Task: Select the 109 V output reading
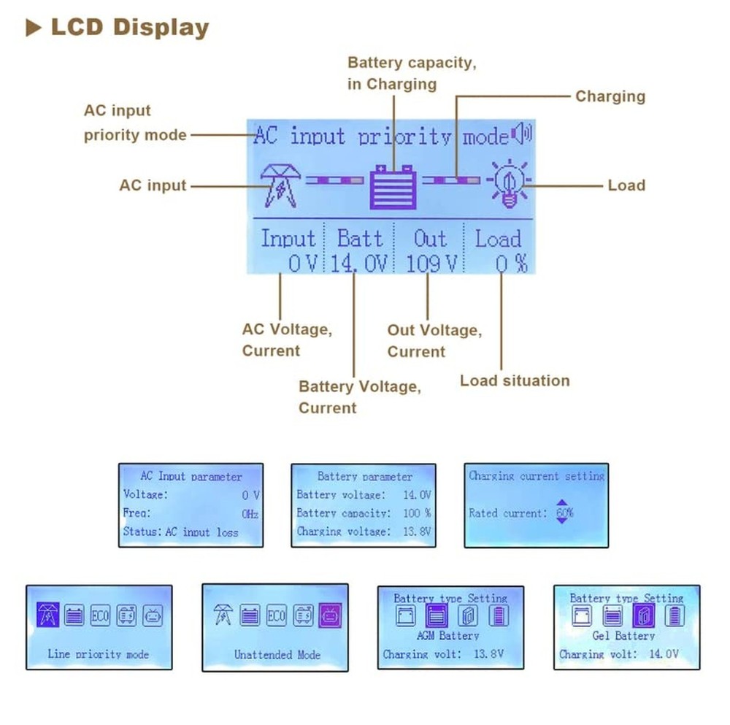click(x=431, y=264)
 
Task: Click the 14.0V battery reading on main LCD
click(x=357, y=264)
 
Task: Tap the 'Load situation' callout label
click(x=515, y=380)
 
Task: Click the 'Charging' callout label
click(x=610, y=96)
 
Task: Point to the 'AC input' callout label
click(x=153, y=185)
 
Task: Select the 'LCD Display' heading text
click(x=130, y=28)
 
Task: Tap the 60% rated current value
click(x=564, y=513)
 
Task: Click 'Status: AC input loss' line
click(x=180, y=532)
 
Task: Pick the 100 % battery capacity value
click(x=417, y=513)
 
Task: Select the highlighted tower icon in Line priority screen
click(x=47, y=615)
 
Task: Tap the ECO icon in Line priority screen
click(x=100, y=615)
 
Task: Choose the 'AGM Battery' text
click(x=448, y=636)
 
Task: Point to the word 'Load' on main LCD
click(x=498, y=239)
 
